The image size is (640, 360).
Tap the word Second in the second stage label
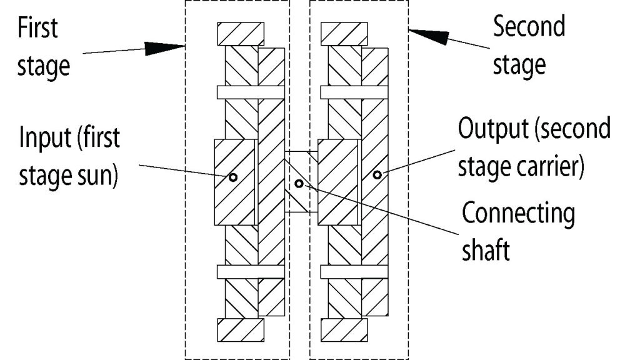point(529,26)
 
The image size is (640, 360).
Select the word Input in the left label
point(45,137)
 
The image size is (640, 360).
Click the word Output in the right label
point(494,128)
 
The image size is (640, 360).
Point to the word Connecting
point(518,214)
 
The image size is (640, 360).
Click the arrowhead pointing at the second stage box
point(429,35)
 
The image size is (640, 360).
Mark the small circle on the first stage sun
point(233,177)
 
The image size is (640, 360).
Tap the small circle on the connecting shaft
point(299,184)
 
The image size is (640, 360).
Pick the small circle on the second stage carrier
point(377,175)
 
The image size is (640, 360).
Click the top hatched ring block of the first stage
point(241,34)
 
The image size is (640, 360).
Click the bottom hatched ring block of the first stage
point(241,330)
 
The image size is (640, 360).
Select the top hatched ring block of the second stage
point(344,34)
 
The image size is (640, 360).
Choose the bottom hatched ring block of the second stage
point(344,330)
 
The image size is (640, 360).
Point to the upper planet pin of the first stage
point(251,92)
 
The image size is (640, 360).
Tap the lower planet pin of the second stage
point(354,272)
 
